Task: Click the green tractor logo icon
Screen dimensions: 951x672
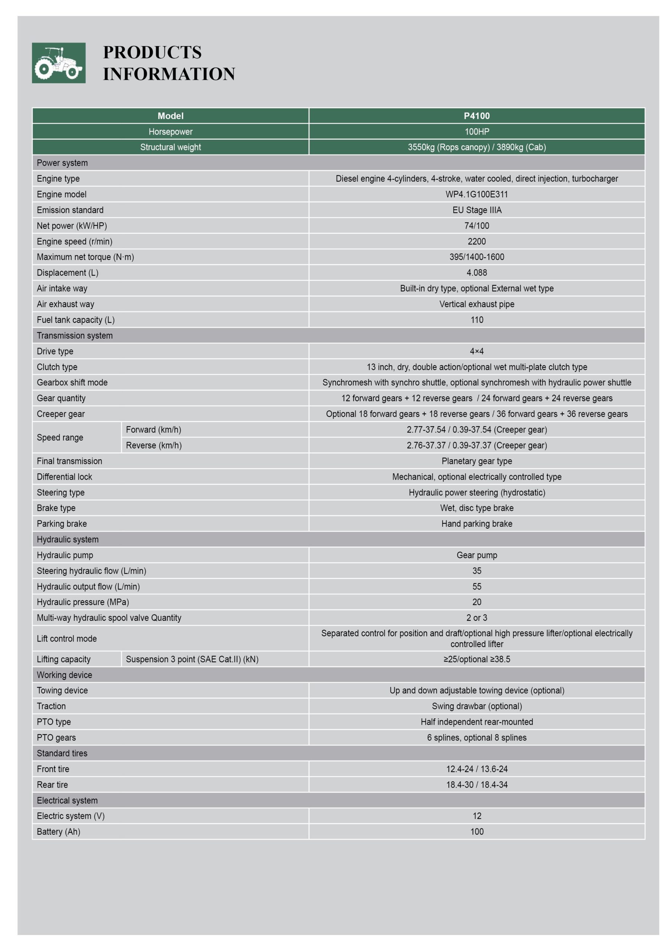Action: click(59, 63)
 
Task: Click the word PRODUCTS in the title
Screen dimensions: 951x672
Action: click(152, 52)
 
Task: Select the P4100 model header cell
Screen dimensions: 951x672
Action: click(477, 116)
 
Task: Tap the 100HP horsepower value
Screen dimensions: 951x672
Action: click(477, 132)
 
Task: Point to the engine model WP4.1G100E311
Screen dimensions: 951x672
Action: click(477, 194)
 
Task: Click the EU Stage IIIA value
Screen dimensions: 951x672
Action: click(477, 210)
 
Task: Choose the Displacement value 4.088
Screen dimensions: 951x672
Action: click(477, 273)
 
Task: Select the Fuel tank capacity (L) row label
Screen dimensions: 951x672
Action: click(76, 320)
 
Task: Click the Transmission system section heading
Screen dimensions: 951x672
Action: click(75, 335)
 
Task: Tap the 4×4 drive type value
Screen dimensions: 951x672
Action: click(477, 351)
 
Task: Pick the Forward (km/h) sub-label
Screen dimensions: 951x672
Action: click(154, 429)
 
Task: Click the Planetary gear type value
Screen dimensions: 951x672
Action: click(477, 461)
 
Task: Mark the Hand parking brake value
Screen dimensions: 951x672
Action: click(477, 523)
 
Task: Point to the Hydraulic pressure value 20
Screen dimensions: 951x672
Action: click(477, 602)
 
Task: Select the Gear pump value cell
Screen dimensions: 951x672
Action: click(477, 555)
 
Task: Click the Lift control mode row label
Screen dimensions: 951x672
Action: click(67, 639)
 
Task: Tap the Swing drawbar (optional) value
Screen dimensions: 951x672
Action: click(477, 706)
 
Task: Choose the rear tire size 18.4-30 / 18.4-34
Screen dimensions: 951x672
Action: click(477, 785)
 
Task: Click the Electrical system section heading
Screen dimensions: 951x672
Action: click(67, 800)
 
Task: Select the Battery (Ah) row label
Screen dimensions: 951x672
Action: click(58, 832)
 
